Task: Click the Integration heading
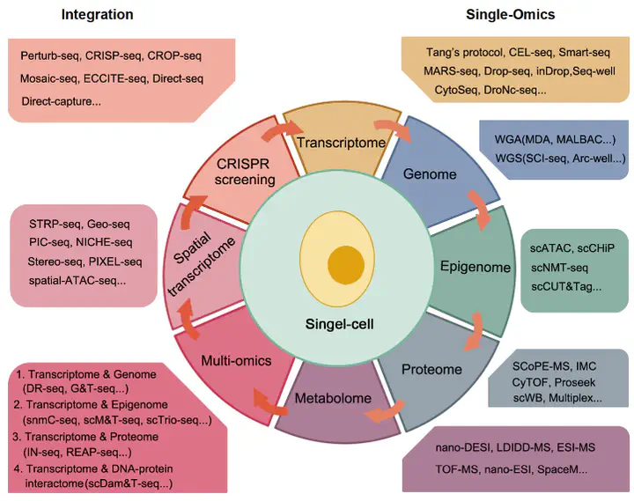pyautogui.click(x=98, y=15)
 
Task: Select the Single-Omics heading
pyautogui.click(x=510, y=15)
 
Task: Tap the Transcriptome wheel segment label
pyautogui.click(x=342, y=143)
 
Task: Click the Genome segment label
pyautogui.click(x=430, y=173)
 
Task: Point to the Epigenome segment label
pyautogui.click(x=475, y=267)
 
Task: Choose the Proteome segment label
pyautogui.click(x=431, y=369)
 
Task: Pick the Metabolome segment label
pyautogui.click(x=333, y=398)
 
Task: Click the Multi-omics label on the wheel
pyautogui.click(x=236, y=360)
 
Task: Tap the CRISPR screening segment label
pyautogui.click(x=245, y=172)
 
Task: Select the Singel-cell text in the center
pyautogui.click(x=339, y=324)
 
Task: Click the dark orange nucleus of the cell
pyautogui.click(x=346, y=266)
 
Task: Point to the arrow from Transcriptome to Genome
pyautogui.click(x=393, y=129)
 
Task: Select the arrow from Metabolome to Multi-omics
pyautogui.click(x=268, y=403)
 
